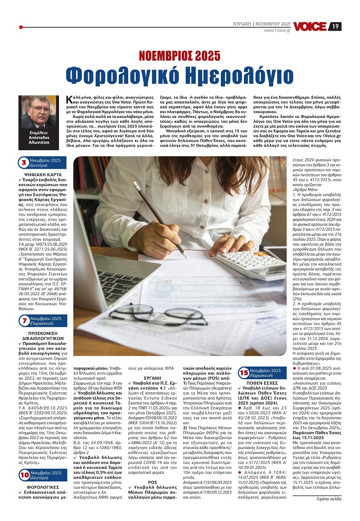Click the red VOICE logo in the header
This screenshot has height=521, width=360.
coord(310,27)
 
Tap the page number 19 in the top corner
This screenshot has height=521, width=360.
coord(336,27)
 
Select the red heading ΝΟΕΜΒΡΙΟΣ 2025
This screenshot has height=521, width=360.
coord(180,56)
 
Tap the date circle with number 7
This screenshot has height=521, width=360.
coord(24,321)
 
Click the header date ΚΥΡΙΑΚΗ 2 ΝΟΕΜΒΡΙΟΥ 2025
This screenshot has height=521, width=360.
coord(261,23)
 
